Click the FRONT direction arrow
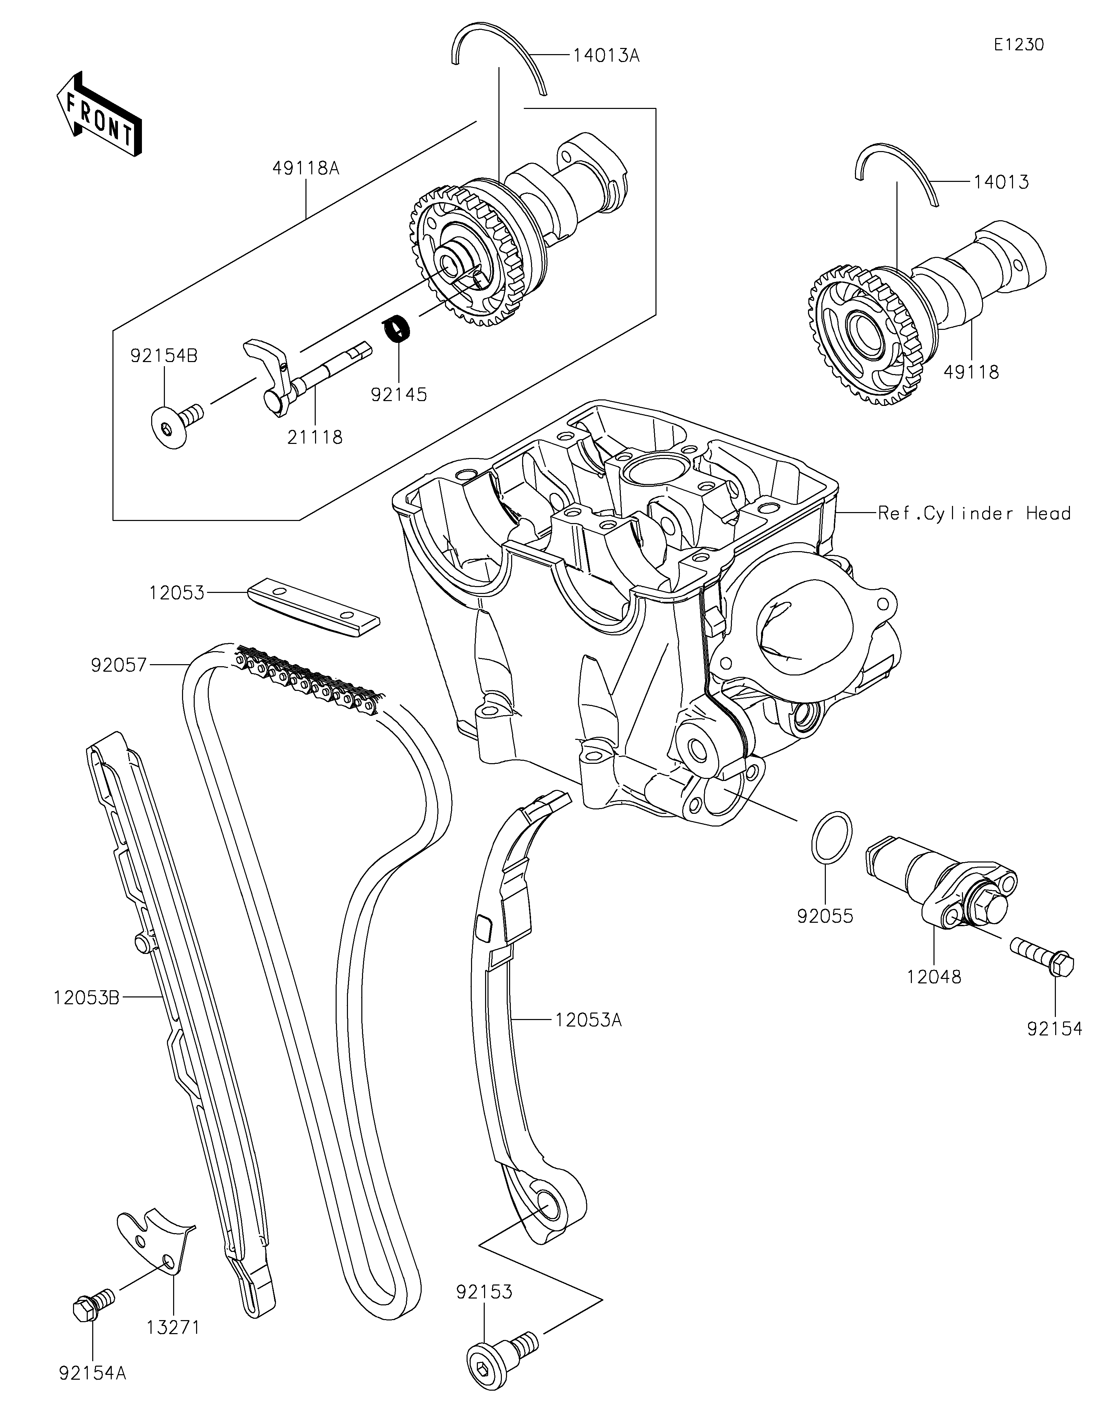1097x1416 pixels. coord(99,113)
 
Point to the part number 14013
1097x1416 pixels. coord(1001,182)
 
